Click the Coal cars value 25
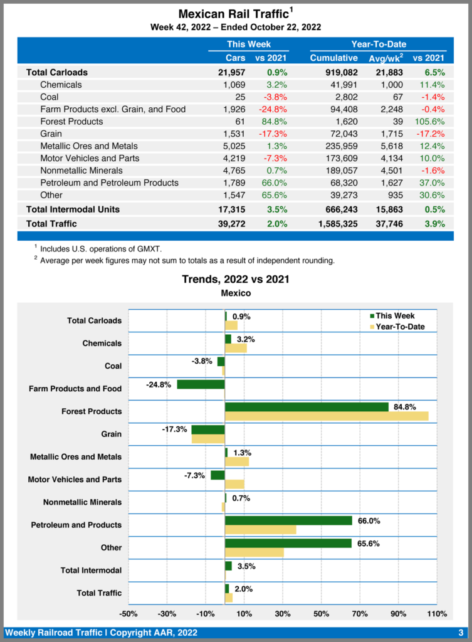click(x=239, y=97)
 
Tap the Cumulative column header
click(x=333, y=58)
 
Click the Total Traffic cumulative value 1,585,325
click(x=334, y=224)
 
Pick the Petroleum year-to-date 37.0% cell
click(x=431, y=183)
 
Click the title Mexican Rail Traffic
click(x=233, y=14)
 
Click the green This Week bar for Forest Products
click(x=307, y=407)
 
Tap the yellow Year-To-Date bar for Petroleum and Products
click(x=260, y=530)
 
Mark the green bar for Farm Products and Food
click(x=201, y=384)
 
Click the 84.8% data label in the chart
click(x=404, y=407)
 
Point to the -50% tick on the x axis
click(x=128, y=613)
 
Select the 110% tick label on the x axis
click(x=436, y=613)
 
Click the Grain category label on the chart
click(x=112, y=434)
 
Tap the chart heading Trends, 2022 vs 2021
click(x=236, y=279)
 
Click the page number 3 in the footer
click(x=461, y=632)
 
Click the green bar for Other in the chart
click(x=288, y=543)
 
